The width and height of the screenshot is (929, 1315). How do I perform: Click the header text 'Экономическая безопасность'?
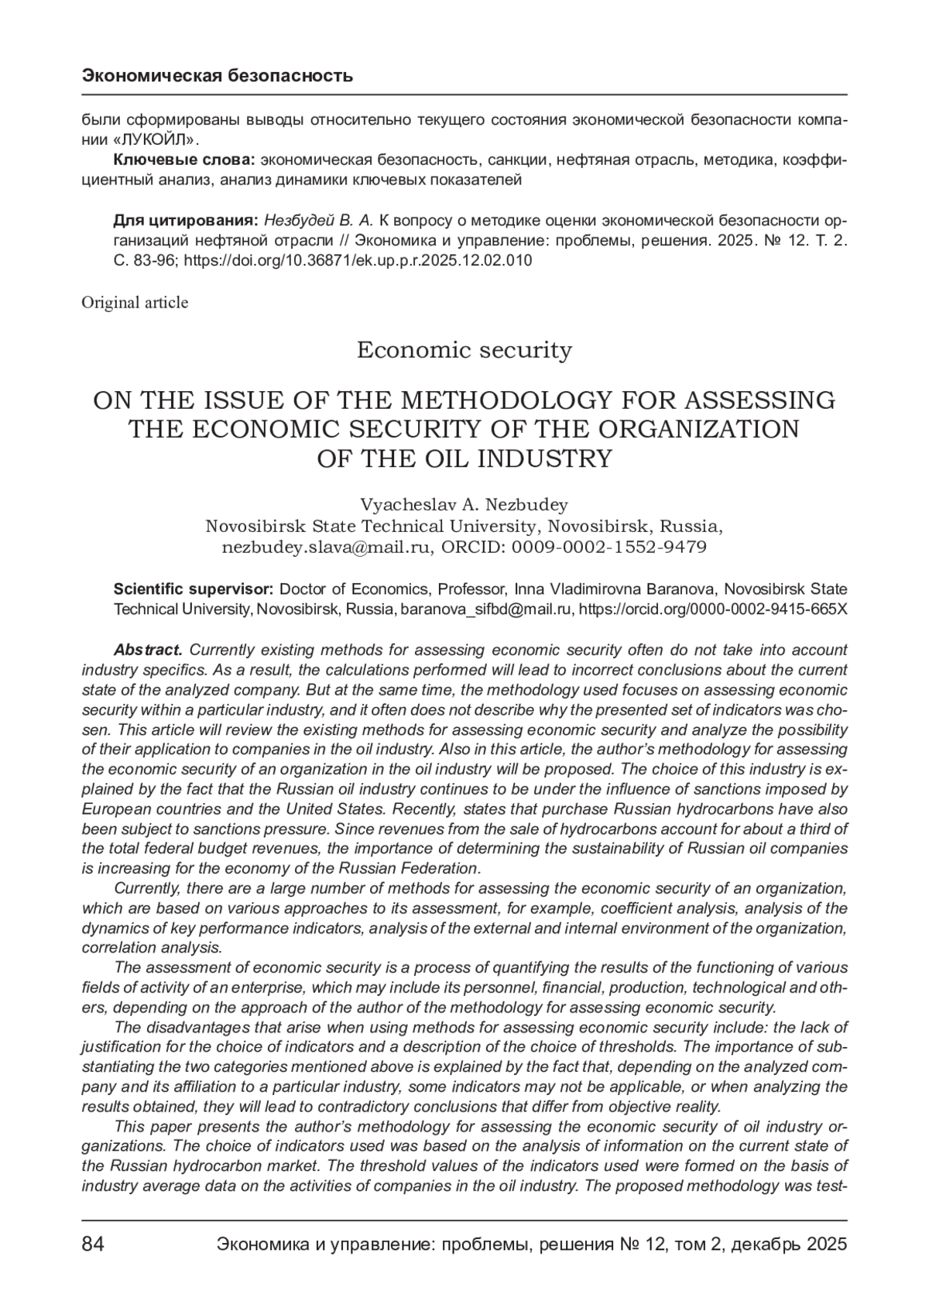tap(218, 76)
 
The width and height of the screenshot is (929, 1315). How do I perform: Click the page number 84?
tap(93, 1245)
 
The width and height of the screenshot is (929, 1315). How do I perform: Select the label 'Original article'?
tap(135, 303)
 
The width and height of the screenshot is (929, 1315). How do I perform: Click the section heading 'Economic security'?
tap(464, 350)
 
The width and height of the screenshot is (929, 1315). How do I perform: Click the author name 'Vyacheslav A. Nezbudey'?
tap(464, 505)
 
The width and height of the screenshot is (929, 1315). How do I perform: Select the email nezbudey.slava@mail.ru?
tap(327, 547)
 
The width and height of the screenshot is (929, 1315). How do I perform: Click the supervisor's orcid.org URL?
tap(713, 609)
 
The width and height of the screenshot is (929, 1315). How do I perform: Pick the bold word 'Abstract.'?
tap(148, 650)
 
